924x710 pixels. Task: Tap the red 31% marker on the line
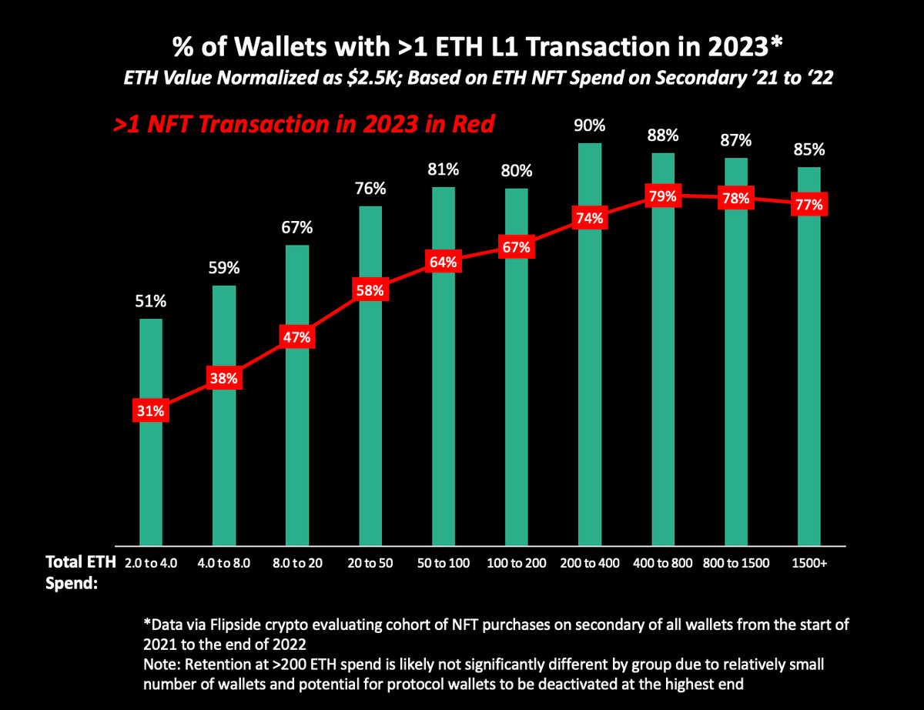pyautogui.click(x=150, y=410)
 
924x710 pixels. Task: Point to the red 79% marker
pyautogui.click(x=662, y=196)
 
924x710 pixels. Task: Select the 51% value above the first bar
pyautogui.click(x=150, y=302)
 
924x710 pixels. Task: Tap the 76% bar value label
pyautogui.click(x=370, y=189)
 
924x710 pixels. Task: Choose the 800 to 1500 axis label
pyautogui.click(x=735, y=563)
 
